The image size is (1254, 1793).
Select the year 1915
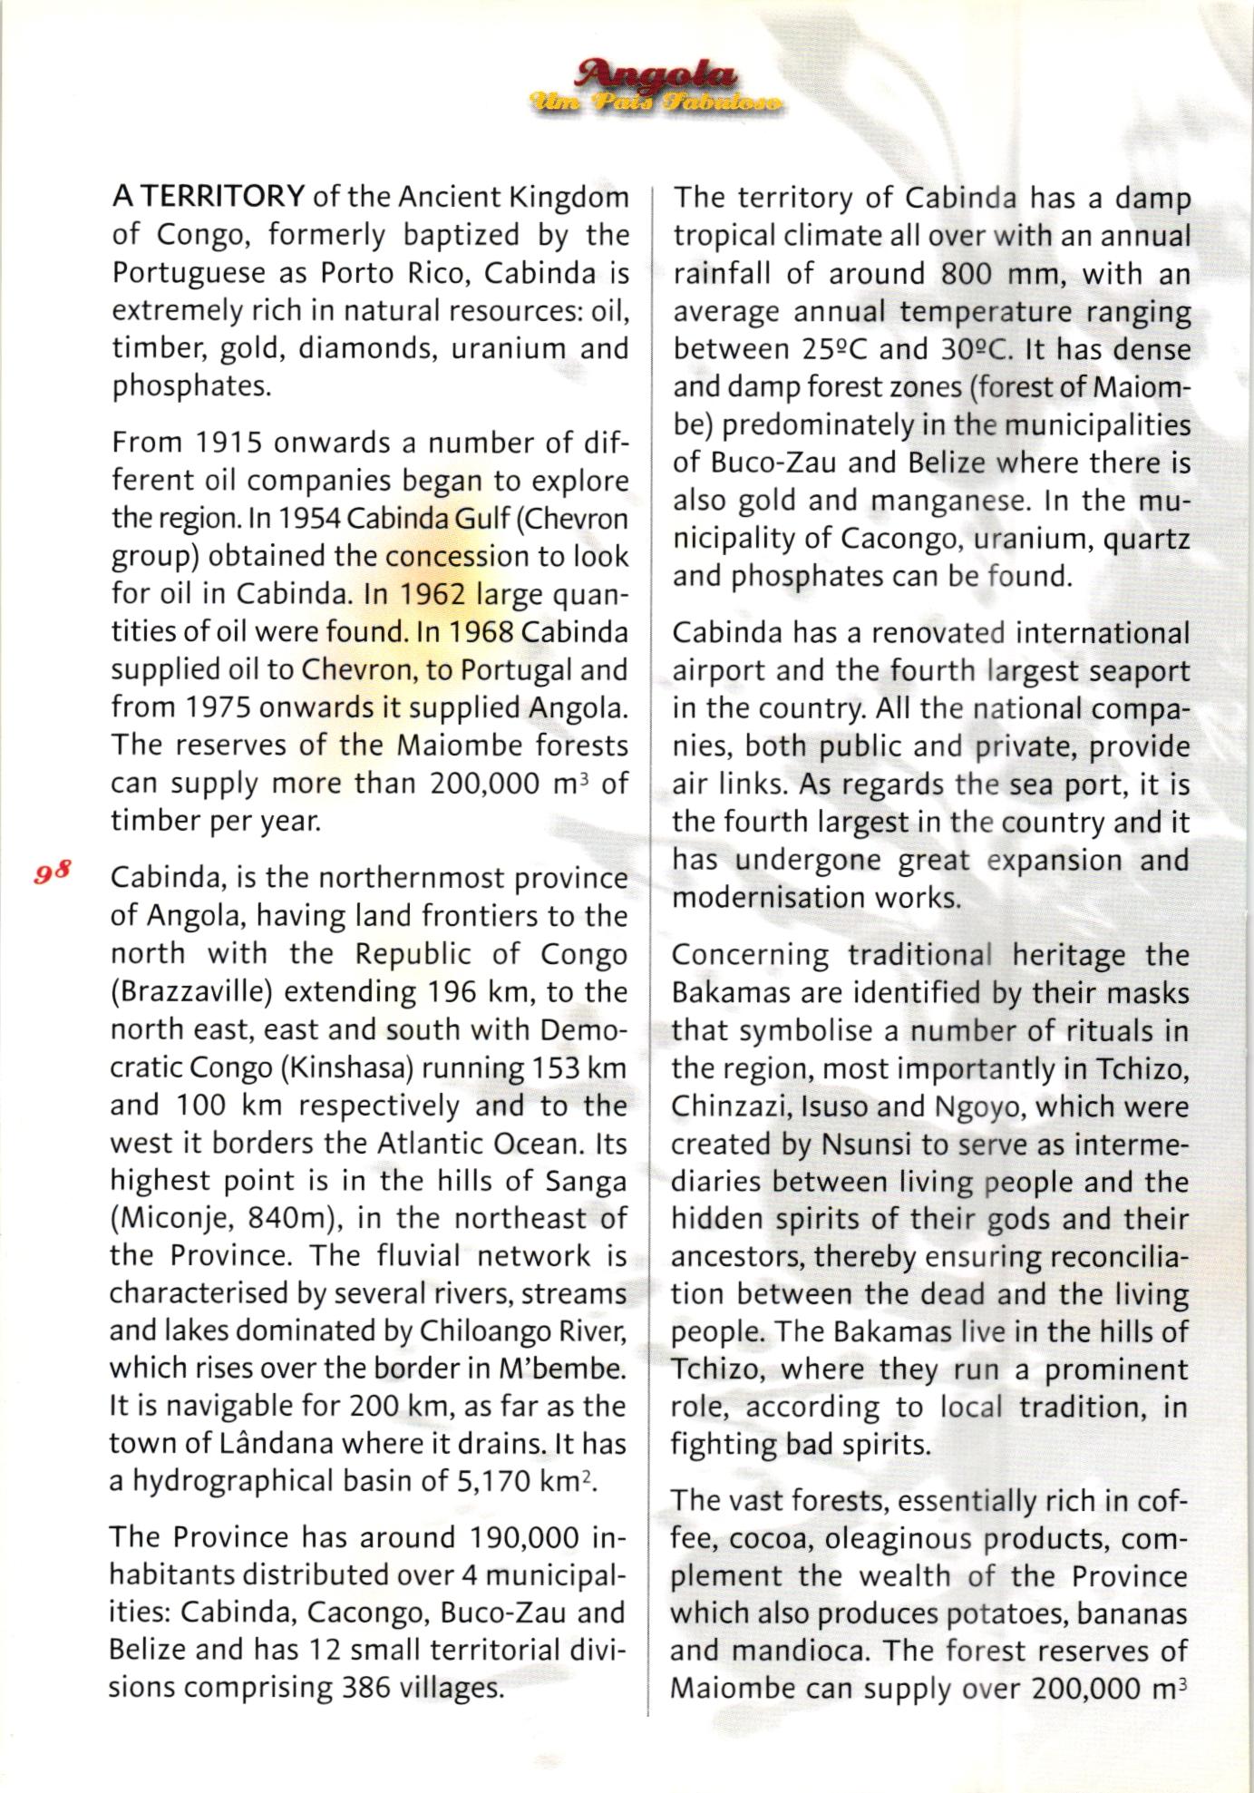229,443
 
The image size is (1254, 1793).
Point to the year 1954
308,519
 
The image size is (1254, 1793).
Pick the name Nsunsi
867,1145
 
